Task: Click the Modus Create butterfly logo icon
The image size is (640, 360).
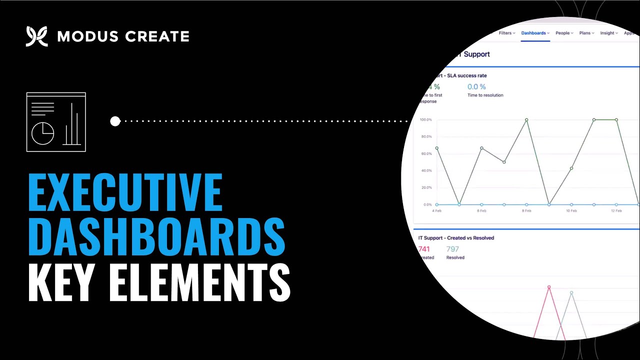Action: click(36, 36)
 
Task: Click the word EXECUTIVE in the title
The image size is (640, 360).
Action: click(125, 192)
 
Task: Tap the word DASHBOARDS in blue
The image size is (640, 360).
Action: click(156, 235)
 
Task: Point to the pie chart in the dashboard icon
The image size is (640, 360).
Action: click(43, 133)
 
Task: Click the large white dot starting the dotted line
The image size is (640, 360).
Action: click(115, 121)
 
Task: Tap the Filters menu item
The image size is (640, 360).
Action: click(506, 33)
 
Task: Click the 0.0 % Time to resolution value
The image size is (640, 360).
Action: click(476, 87)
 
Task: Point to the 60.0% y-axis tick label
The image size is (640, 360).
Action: click(426, 153)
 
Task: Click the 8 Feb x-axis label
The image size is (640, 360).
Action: click(526, 211)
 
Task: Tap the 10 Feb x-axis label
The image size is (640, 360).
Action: click(571, 211)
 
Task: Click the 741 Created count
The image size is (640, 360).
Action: click(424, 249)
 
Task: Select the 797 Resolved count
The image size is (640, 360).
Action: click(452, 249)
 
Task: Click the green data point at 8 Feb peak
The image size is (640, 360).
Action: click(526, 120)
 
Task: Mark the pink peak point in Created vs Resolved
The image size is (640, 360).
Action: click(549, 287)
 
